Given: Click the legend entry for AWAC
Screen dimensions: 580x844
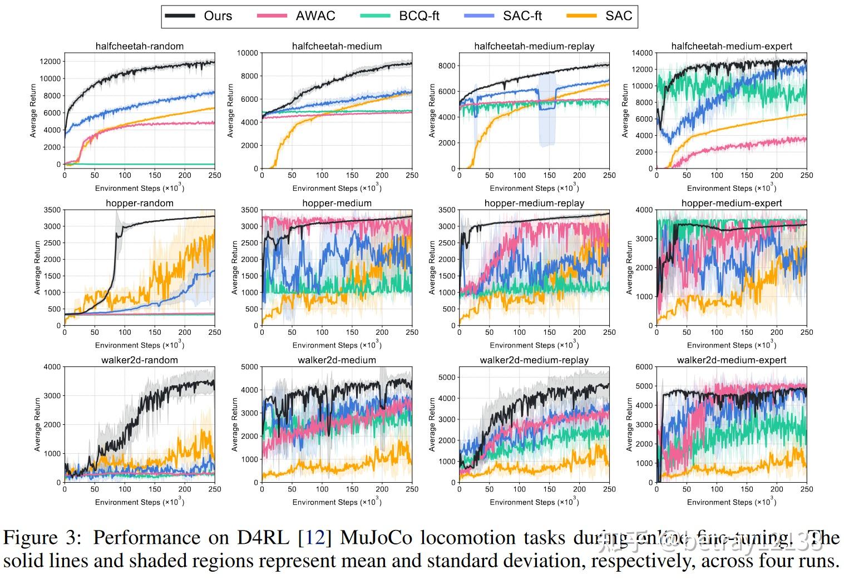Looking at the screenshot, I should pos(315,16).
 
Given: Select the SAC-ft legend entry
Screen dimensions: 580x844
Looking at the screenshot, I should pos(522,16).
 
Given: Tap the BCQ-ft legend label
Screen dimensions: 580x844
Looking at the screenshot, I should pos(418,16).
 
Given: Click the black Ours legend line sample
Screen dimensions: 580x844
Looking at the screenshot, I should pos(180,16).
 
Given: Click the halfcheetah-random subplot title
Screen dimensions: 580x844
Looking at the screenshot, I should pos(139,46).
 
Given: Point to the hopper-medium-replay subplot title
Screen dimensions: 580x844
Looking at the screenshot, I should pos(534,203).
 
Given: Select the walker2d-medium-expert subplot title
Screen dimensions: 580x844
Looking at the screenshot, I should pos(731,360).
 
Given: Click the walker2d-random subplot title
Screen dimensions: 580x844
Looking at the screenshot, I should pos(139,360).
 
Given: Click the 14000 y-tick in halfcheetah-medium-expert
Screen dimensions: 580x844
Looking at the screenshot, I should pos(642,53).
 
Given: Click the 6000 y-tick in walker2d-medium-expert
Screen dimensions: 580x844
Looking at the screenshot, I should pos(644,366).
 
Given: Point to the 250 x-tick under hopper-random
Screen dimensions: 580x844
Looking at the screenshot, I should pos(214,332).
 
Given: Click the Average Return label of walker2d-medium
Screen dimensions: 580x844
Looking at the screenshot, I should pos(235,424).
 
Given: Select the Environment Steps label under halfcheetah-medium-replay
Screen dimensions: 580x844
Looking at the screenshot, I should pos(534,188).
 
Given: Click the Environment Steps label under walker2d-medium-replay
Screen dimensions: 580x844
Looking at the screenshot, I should pos(534,502).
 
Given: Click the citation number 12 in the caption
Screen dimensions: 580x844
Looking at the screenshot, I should pos(315,538).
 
